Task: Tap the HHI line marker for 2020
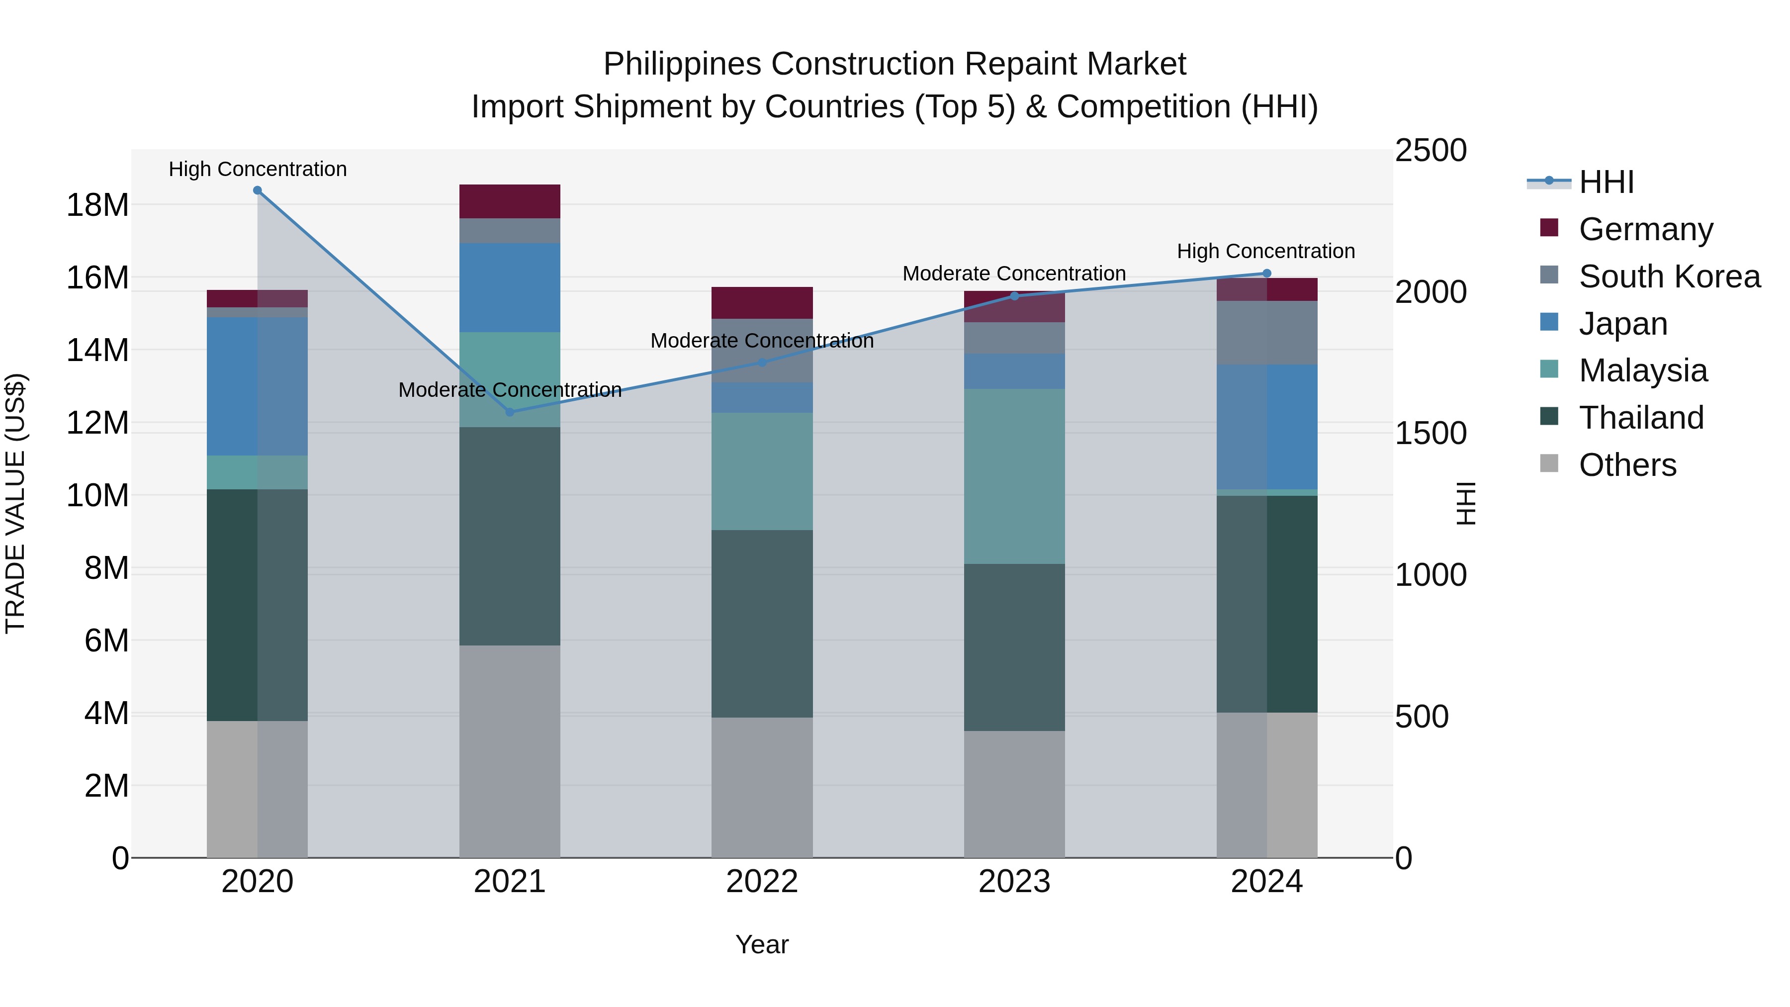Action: coord(257,190)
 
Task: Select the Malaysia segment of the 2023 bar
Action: coord(1014,476)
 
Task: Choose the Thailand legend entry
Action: coord(1641,418)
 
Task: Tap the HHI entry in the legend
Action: coord(1605,182)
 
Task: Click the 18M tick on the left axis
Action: coord(97,205)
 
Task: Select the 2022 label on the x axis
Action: coord(762,882)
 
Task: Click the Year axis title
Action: coord(762,944)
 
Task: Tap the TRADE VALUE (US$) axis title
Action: coord(15,503)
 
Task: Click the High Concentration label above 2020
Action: coord(257,169)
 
